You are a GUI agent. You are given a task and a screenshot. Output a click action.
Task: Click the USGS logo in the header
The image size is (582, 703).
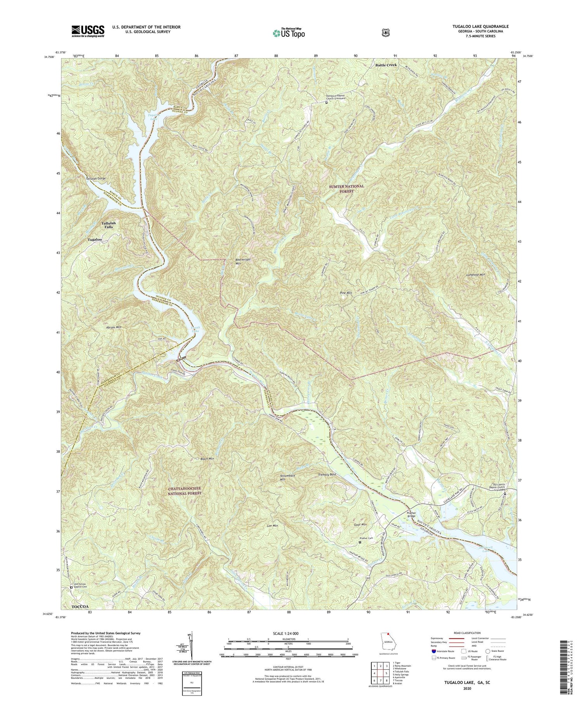click(x=88, y=31)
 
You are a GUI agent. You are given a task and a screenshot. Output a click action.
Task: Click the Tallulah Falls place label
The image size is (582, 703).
click(x=108, y=225)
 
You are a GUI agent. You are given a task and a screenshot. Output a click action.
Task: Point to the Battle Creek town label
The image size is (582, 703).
click(x=386, y=65)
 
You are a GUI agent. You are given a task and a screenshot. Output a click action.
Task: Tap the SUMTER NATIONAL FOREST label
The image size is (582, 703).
click(x=346, y=188)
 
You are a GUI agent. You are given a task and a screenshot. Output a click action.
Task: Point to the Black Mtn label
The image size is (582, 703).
click(x=207, y=459)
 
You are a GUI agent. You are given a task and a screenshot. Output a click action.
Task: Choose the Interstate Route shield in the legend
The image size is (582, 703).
click(x=433, y=651)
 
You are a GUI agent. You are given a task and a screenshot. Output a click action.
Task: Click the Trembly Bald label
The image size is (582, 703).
click(x=327, y=475)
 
